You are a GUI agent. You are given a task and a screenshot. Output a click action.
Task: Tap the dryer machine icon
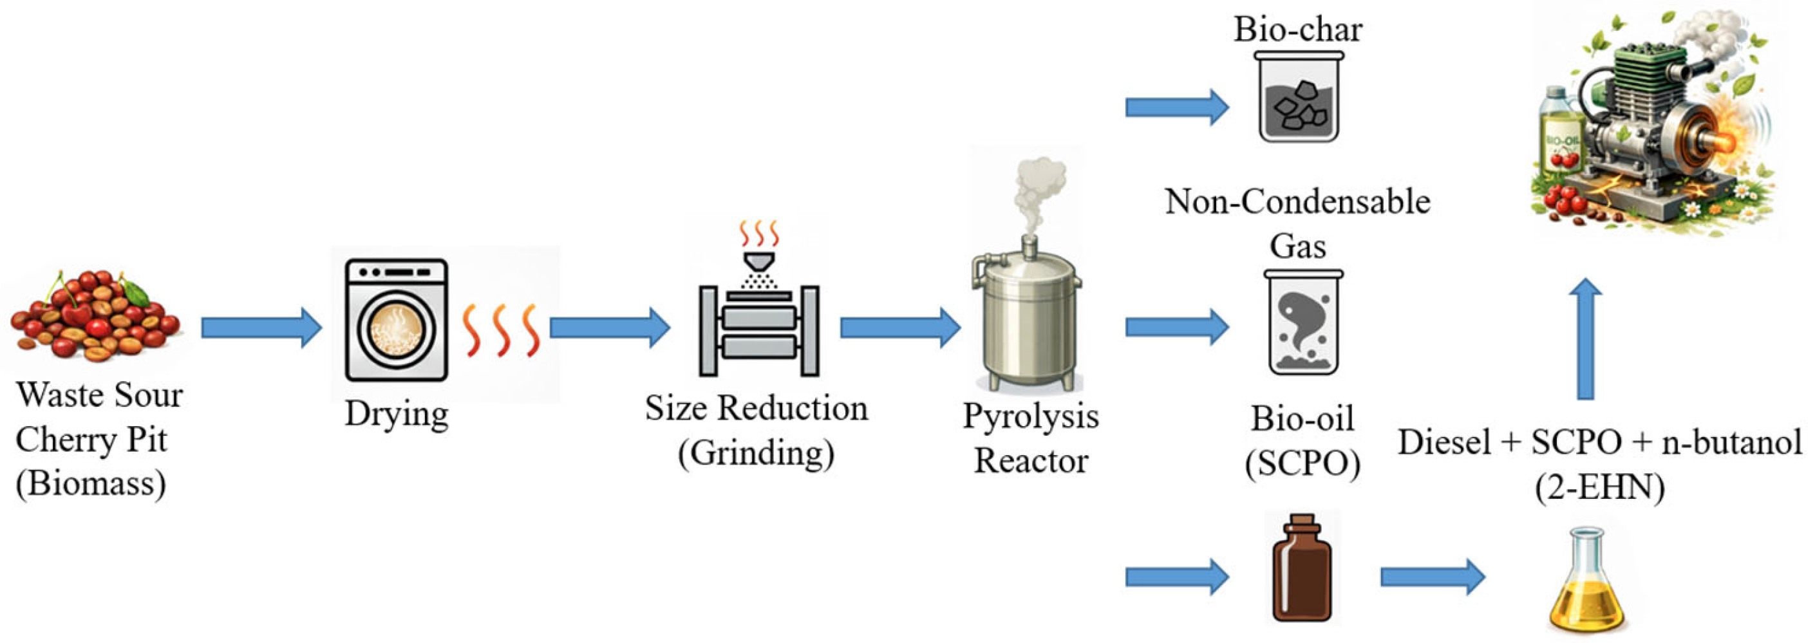tap(397, 320)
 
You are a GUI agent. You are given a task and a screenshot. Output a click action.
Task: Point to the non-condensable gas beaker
tap(1302, 322)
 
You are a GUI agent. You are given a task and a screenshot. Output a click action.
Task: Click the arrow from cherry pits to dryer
tap(261, 328)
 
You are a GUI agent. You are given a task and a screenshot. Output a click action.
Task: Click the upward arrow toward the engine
tap(1586, 339)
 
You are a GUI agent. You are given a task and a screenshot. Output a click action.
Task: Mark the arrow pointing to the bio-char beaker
tap(1178, 107)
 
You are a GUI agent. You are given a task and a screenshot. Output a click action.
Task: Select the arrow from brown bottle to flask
tap(1433, 577)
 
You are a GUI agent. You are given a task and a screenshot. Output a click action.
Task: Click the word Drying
tap(397, 414)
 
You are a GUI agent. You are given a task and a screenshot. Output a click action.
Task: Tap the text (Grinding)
tap(756, 453)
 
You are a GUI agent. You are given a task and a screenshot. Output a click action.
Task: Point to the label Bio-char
tap(1298, 30)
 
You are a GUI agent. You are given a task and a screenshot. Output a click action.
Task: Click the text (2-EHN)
tap(1599, 487)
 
